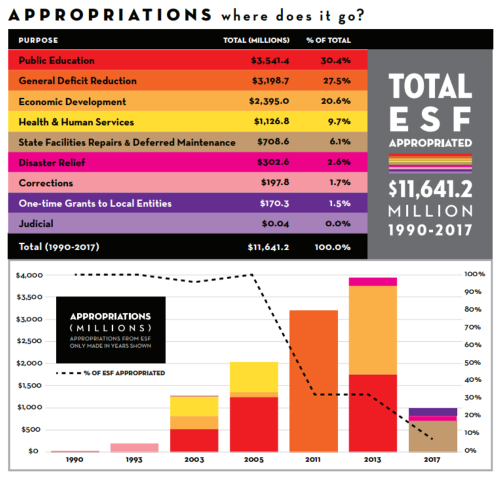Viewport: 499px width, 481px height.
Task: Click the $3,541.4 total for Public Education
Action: [x=269, y=60]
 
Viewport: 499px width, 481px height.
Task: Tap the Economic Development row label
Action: [x=72, y=102]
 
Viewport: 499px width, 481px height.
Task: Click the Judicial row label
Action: [x=36, y=224]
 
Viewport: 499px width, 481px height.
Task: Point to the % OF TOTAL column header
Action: [x=328, y=40]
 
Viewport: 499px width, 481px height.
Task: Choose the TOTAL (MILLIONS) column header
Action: [x=256, y=40]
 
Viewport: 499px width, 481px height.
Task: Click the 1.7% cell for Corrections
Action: [x=339, y=183]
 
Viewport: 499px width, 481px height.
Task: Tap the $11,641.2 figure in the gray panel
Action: [x=430, y=189]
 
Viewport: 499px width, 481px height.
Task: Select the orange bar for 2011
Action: [x=314, y=381]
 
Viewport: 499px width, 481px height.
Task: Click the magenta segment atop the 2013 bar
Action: [x=373, y=282]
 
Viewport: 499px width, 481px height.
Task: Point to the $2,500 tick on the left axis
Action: [x=28, y=341]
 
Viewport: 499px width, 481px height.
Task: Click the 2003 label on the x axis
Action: [x=195, y=460]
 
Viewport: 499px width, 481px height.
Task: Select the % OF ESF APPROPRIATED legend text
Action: [x=124, y=373]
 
